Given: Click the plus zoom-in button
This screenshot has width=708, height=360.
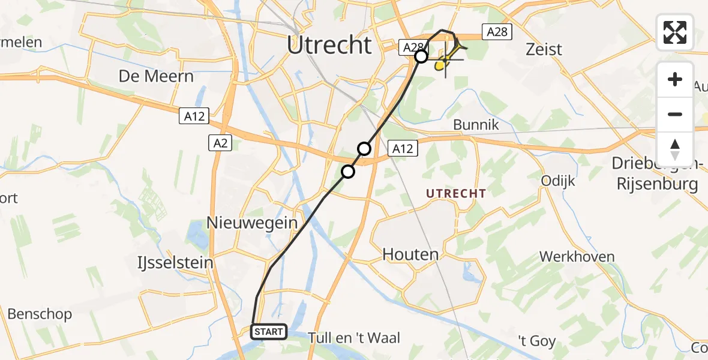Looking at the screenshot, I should click(x=675, y=80).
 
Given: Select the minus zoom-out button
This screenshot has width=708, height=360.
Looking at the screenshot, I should click(x=675, y=114).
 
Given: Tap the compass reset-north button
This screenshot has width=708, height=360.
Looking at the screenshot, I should click(x=675, y=148).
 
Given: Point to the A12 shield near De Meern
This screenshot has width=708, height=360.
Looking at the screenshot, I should click(x=194, y=116).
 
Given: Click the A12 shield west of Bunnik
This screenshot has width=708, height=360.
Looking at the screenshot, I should click(x=403, y=148).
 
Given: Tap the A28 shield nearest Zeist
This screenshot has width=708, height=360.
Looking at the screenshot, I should click(x=497, y=32).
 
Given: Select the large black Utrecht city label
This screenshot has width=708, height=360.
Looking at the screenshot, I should click(x=329, y=45).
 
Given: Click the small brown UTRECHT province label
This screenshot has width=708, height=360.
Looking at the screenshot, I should click(x=455, y=193).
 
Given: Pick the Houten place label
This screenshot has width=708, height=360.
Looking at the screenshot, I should click(x=411, y=254).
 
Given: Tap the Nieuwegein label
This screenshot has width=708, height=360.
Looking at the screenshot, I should click(x=252, y=223).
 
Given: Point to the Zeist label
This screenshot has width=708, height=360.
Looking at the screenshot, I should click(x=544, y=49).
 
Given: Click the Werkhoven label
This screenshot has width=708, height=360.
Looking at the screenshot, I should click(x=577, y=257).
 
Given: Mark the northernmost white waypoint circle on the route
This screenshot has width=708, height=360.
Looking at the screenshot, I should click(x=421, y=56).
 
